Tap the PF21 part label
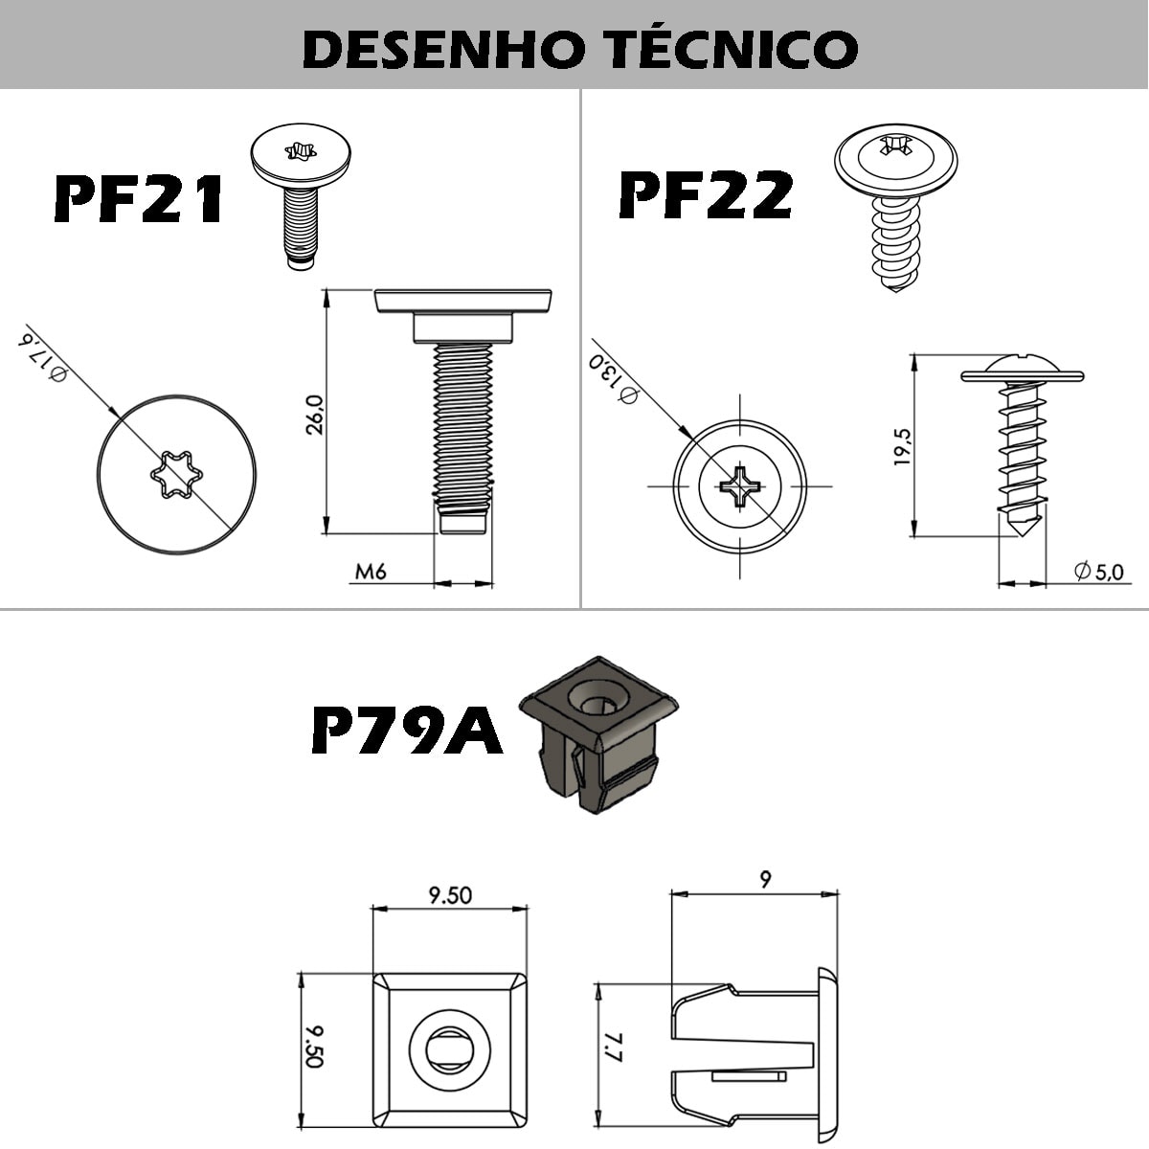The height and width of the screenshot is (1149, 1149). pyautogui.click(x=139, y=200)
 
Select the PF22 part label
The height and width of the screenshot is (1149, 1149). pyautogui.click(x=706, y=194)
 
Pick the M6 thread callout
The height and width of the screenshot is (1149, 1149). pyautogui.click(x=371, y=572)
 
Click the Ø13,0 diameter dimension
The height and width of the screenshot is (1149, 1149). pyautogui.click(x=613, y=376)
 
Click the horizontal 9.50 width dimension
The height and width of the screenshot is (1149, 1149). pyautogui.click(x=450, y=895)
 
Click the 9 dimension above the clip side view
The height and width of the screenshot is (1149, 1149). pyautogui.click(x=764, y=879)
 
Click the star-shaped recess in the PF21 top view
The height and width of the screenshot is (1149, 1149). pyautogui.click(x=176, y=472)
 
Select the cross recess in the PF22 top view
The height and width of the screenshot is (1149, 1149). pyautogui.click(x=739, y=485)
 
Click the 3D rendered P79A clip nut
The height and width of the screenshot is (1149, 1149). pyautogui.click(x=596, y=732)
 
